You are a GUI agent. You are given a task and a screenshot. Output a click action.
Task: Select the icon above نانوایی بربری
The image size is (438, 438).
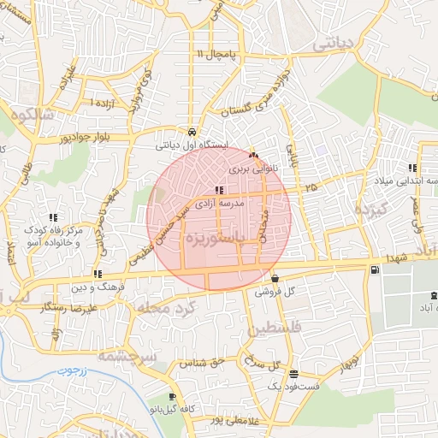[x=252, y=156]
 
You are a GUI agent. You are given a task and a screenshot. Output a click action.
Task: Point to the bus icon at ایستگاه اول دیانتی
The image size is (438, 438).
[x=194, y=133]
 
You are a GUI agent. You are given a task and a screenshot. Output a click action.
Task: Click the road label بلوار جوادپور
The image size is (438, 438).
[x=83, y=136]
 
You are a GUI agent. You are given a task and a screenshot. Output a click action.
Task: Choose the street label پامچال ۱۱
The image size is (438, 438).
[x=221, y=54]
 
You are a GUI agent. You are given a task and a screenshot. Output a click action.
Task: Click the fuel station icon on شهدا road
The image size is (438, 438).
[x=374, y=270]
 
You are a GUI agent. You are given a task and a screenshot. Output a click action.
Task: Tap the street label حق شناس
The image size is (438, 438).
[x=199, y=363]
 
